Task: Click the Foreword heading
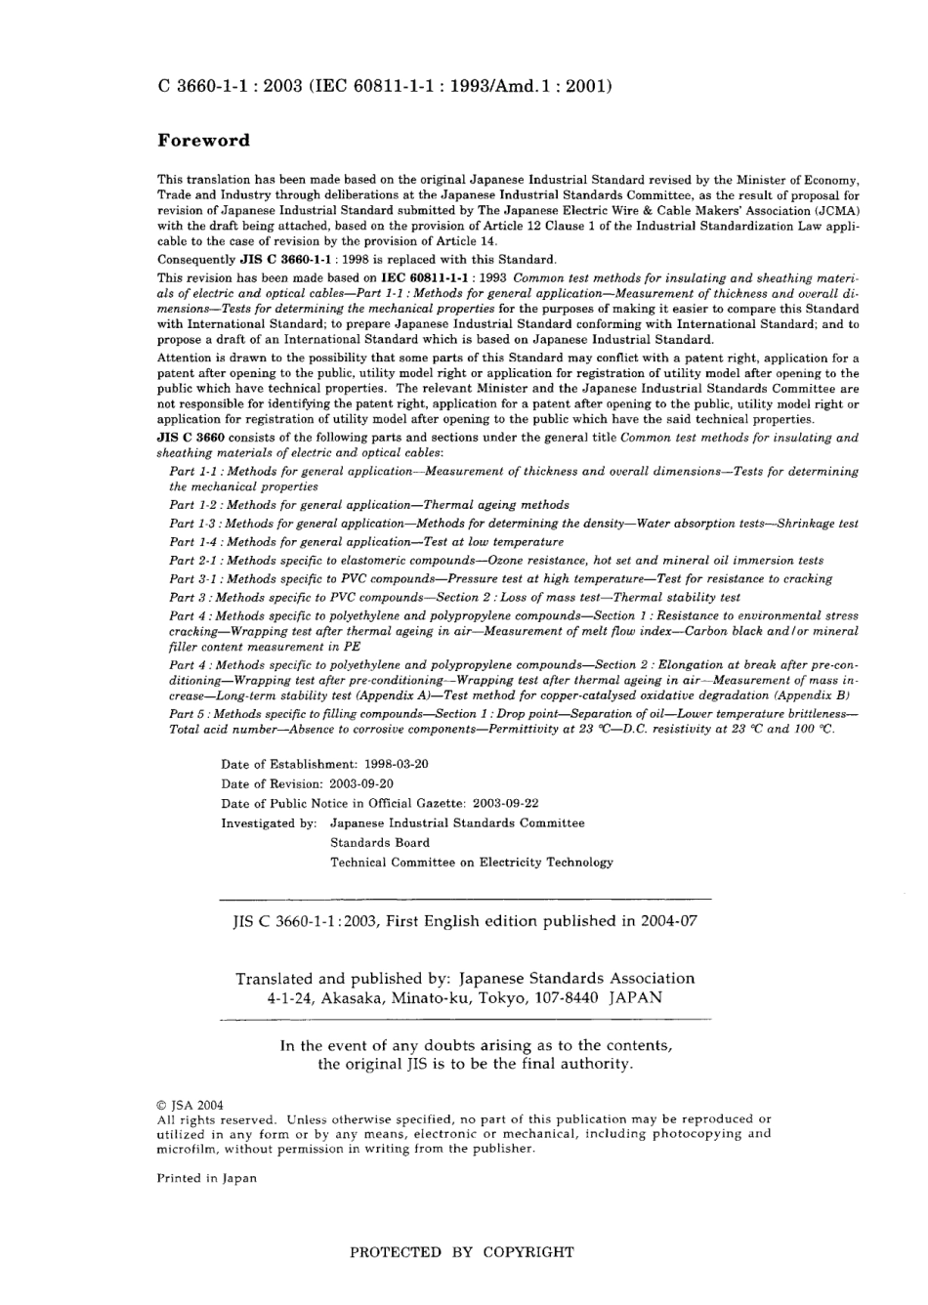[x=203, y=141]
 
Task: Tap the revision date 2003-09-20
[x=360, y=783]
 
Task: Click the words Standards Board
[x=379, y=842]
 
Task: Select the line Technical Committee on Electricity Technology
[x=471, y=862]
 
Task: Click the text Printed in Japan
[x=207, y=1178]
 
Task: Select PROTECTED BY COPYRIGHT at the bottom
[x=462, y=1251]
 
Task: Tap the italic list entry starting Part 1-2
[x=368, y=505]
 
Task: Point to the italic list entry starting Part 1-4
[x=366, y=541]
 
